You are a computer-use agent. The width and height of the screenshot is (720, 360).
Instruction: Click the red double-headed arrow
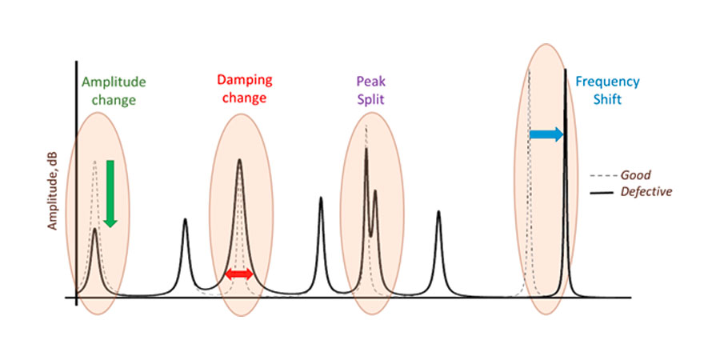click(239, 274)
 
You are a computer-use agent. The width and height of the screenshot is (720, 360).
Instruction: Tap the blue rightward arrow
click(546, 135)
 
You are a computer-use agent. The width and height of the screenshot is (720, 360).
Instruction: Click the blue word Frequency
click(607, 82)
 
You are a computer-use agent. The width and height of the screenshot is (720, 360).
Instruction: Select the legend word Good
click(635, 175)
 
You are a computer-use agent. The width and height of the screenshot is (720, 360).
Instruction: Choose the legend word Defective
click(646, 192)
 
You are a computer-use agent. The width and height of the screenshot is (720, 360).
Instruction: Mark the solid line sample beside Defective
click(602, 193)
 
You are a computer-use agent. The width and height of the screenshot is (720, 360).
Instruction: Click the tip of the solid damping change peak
click(239, 160)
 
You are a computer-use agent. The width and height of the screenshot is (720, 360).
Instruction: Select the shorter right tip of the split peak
click(374, 190)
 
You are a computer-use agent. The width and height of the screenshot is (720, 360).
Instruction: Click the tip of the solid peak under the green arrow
click(94, 229)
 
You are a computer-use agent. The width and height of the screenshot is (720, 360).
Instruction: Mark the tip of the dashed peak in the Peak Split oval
click(366, 126)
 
